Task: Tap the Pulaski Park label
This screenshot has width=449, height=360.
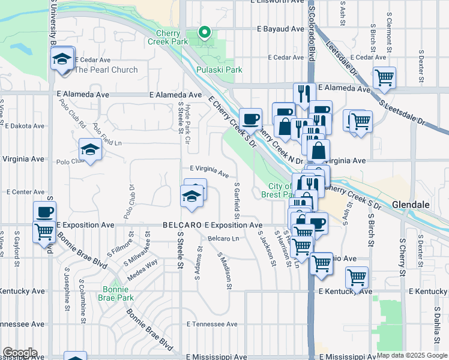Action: (x=219, y=70)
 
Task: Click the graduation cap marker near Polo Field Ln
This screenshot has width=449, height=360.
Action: (x=90, y=150)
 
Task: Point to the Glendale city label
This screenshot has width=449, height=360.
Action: (x=411, y=205)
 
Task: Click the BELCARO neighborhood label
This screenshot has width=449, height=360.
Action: (x=182, y=225)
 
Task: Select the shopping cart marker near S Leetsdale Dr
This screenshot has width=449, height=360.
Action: (x=384, y=77)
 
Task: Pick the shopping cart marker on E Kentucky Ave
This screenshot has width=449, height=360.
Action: (x=357, y=278)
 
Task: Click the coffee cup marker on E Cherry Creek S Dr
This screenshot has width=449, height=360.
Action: (x=250, y=119)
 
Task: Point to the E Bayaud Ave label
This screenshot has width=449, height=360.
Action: (x=281, y=29)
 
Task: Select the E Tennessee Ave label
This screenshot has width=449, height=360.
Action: (x=212, y=324)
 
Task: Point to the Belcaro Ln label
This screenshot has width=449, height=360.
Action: (x=223, y=239)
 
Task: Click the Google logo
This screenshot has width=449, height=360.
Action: (x=20, y=353)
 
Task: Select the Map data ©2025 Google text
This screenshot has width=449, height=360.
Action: (x=412, y=355)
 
